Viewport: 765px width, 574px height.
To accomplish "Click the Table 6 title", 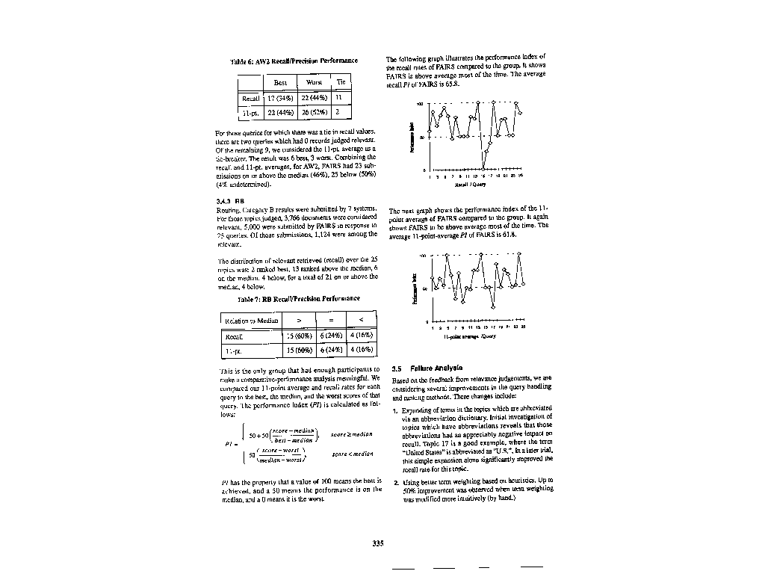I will pos(294,61).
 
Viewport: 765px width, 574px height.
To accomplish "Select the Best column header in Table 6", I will pos(280,82).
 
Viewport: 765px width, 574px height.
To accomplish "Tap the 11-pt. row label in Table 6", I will pos(249,112).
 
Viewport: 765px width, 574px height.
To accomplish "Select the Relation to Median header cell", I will pos(251,321).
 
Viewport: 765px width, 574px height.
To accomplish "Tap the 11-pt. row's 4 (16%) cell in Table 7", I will pos(360,350).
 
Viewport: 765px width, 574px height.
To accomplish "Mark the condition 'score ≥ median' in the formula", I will pos(351,434).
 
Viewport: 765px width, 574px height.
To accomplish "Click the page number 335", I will pos(378,543).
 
